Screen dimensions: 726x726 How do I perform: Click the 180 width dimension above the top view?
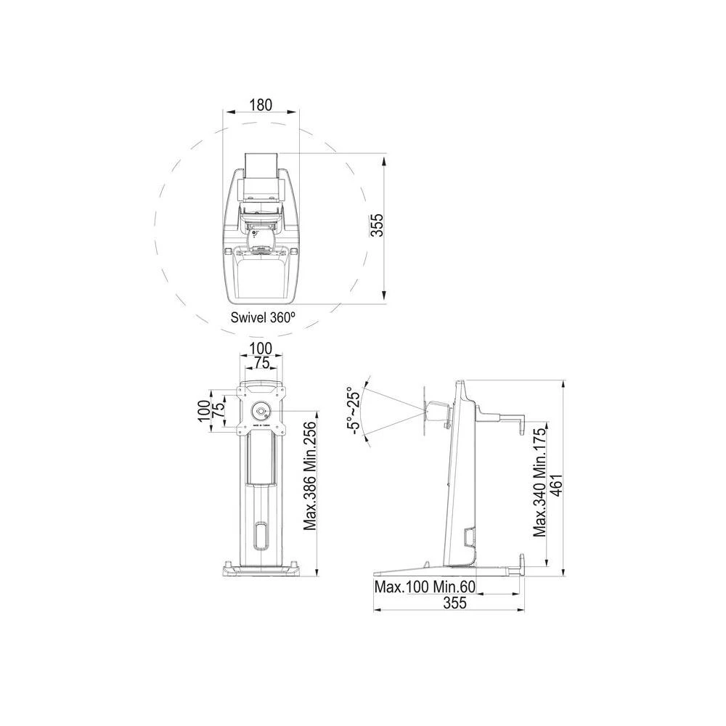(261, 105)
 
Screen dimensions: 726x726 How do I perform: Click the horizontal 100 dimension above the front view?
(261, 349)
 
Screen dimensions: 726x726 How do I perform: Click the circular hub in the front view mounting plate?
(261, 410)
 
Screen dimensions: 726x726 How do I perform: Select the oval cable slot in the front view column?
(261, 536)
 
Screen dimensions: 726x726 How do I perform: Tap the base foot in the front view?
(261, 569)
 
